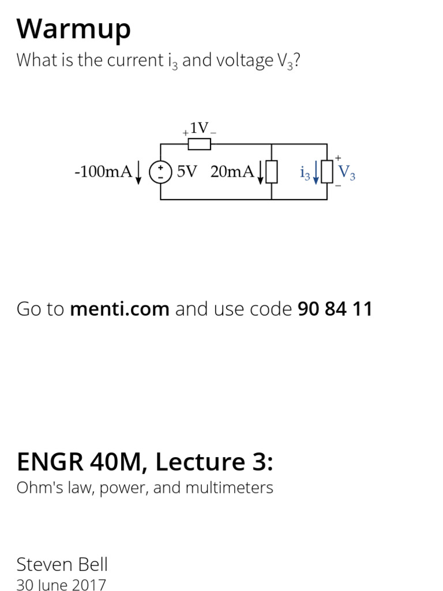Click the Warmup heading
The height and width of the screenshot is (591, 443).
tap(74, 29)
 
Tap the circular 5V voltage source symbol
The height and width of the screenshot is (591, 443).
tap(160, 172)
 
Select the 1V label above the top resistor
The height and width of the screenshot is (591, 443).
tap(199, 128)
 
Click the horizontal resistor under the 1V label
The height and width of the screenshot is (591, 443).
tap(200, 144)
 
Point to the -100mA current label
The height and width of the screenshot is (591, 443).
tap(104, 172)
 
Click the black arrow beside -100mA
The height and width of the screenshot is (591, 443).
tap(138, 172)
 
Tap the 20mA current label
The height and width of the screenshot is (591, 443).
tap(232, 171)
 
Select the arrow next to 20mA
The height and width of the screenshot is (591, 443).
tap(261, 172)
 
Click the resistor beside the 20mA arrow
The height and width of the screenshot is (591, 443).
tap(272, 172)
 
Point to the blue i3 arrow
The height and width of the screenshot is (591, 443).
tap(316, 173)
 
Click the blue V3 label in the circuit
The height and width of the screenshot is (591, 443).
tap(347, 172)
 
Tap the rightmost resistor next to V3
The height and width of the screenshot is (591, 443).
tap(327, 172)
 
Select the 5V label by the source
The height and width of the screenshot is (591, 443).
tap(187, 171)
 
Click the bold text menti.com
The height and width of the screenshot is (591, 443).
tap(119, 309)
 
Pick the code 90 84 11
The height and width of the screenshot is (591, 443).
tap(335, 309)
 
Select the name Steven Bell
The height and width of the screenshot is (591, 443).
tap(62, 564)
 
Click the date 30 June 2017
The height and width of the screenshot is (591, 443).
tap(61, 585)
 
